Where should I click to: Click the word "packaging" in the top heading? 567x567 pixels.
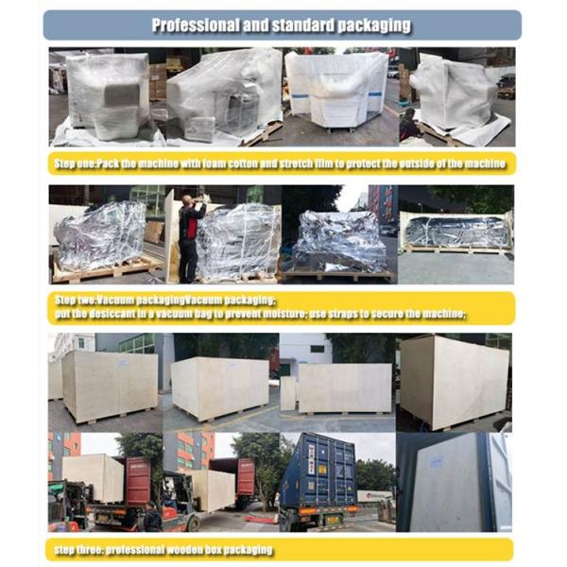tap(374, 24)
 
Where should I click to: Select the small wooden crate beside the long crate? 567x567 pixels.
tap(288, 392)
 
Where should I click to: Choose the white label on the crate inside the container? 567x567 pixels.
tap(430, 458)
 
